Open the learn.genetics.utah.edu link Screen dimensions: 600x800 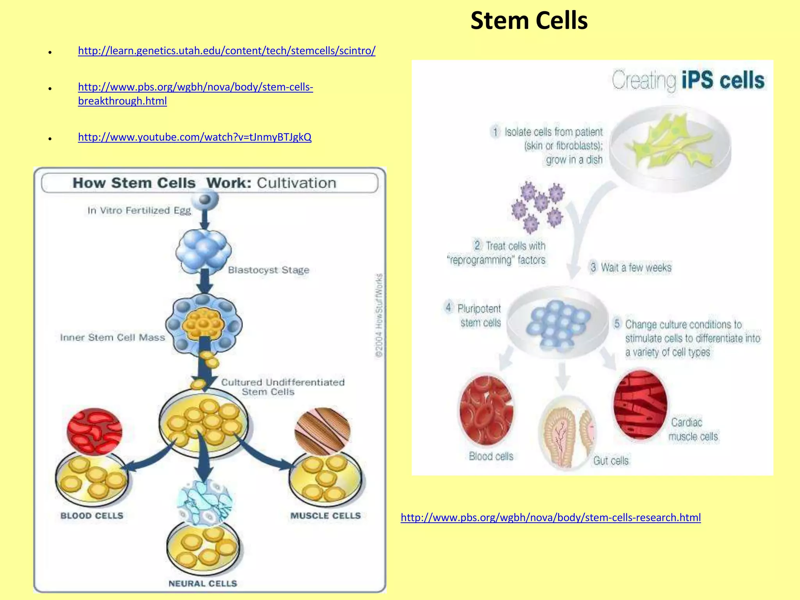[x=227, y=51]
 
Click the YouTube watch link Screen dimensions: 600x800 [x=195, y=137]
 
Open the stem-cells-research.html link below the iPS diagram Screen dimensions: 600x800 [x=550, y=518]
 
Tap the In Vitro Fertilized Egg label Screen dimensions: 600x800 [x=139, y=211]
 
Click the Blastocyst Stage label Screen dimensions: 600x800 [x=268, y=270]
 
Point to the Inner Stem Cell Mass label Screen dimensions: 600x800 [x=112, y=337]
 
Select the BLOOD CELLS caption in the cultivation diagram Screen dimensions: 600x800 [x=92, y=516]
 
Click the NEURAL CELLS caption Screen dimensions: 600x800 [x=203, y=583]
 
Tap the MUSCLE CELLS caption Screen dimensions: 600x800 [x=325, y=516]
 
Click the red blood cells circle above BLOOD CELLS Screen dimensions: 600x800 [x=94, y=432]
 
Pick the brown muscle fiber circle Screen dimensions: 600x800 [x=322, y=431]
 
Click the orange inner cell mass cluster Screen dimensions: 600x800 [x=203, y=323]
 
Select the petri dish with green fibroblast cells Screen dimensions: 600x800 [x=670, y=148]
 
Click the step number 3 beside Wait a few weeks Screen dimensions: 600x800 [x=593, y=267]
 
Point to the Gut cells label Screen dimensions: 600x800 [x=611, y=461]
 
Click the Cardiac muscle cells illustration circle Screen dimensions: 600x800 [x=640, y=405]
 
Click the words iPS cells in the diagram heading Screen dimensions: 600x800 [x=723, y=80]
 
